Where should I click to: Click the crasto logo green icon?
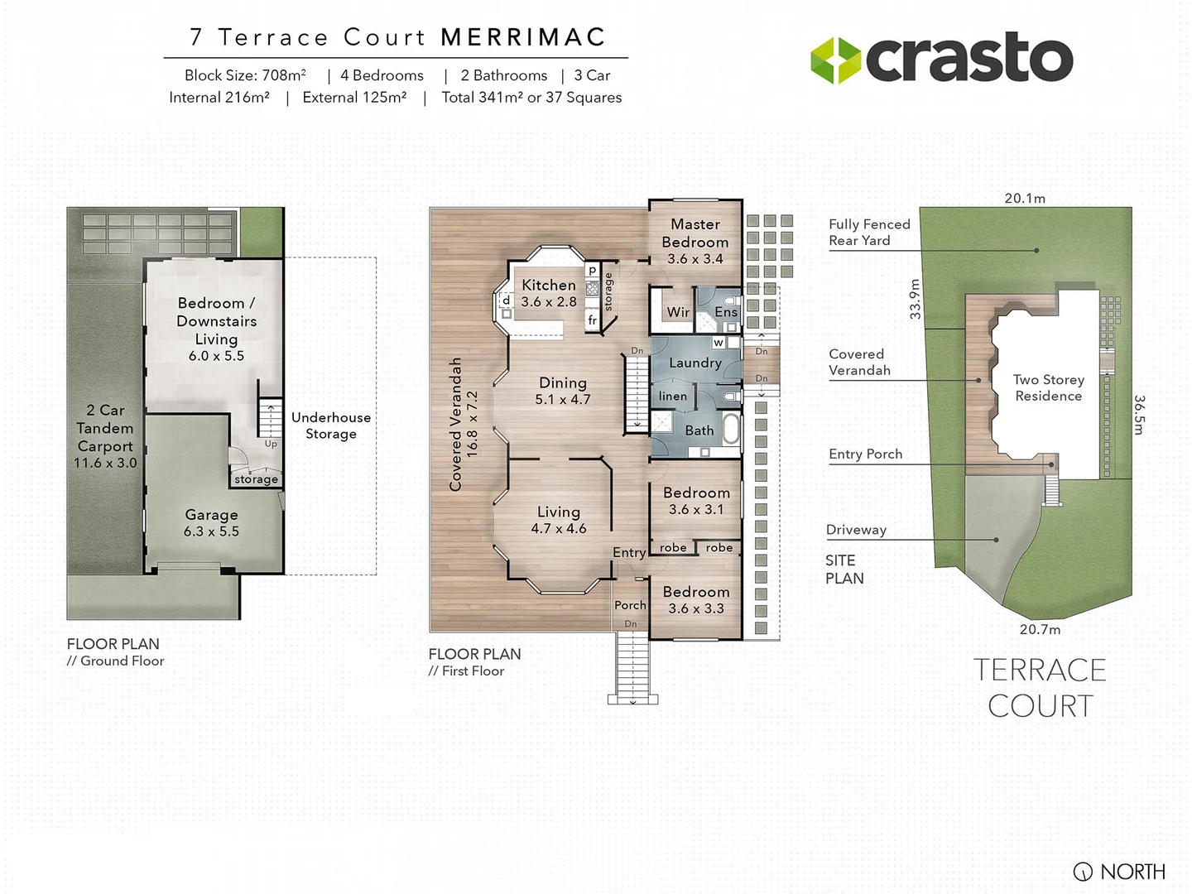pyautogui.click(x=835, y=60)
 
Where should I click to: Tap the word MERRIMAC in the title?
pyautogui.click(x=523, y=37)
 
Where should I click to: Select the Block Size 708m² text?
pyautogui.click(x=245, y=75)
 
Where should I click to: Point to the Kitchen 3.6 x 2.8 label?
pyautogui.click(x=549, y=293)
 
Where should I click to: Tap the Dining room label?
pyautogui.click(x=563, y=391)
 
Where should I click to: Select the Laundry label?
pyautogui.click(x=695, y=363)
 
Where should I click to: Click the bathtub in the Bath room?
pyautogui.click(x=732, y=430)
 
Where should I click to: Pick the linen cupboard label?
pyautogui.click(x=673, y=397)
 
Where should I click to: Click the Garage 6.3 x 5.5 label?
pyautogui.click(x=211, y=523)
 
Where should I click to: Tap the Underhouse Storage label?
pyautogui.click(x=331, y=425)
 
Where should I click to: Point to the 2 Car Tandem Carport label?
pyautogui.click(x=105, y=436)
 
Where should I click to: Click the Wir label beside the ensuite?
pyautogui.click(x=678, y=312)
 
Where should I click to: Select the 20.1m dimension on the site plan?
pyautogui.click(x=1025, y=199)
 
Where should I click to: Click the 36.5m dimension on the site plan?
pyautogui.click(x=1139, y=415)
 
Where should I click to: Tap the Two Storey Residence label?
pyautogui.click(x=1048, y=387)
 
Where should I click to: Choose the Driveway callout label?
pyautogui.click(x=856, y=530)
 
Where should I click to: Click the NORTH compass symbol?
pyautogui.click(x=1083, y=872)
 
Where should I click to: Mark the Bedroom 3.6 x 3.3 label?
pyautogui.click(x=696, y=600)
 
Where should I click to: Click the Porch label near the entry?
pyautogui.click(x=630, y=605)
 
